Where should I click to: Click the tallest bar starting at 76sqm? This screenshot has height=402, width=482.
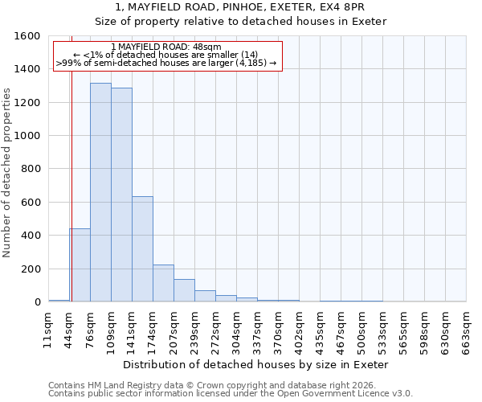tap(100, 192)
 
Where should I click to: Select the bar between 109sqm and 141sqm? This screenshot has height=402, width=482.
tap(121, 195)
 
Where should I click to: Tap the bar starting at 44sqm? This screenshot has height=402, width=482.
tap(80, 265)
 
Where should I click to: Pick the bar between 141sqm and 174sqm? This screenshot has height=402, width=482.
tap(142, 249)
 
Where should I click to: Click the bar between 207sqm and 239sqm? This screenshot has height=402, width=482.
tap(184, 290)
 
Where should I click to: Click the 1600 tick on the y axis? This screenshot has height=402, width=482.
tap(28, 36)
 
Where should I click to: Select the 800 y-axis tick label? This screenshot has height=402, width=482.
tap(31, 169)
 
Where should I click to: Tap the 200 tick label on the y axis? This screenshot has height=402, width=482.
tap(31, 269)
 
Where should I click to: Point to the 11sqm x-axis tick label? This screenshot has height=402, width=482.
tap(48, 331)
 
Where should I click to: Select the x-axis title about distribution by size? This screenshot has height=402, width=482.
tap(257, 364)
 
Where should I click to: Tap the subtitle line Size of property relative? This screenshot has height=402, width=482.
tap(241, 21)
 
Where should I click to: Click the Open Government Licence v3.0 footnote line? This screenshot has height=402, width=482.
tap(231, 394)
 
